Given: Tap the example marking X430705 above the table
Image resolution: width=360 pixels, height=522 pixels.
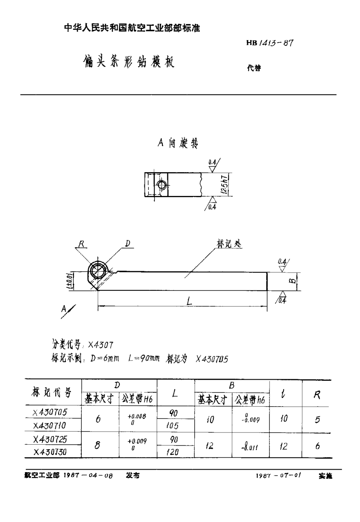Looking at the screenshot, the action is pos(211,359).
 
